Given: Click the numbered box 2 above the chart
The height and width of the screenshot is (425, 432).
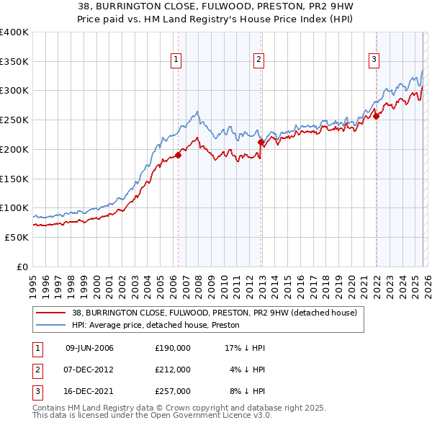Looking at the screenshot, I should [258, 60].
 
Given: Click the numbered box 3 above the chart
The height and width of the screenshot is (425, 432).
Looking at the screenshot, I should [374, 60].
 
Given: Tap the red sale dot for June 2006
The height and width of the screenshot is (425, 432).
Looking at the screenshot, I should [178, 155].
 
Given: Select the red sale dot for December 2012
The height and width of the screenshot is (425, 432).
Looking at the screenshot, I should [261, 143].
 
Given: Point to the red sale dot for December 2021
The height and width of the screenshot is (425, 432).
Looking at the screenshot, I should [375, 116].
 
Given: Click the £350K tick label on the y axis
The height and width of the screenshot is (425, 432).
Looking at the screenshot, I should [14, 61].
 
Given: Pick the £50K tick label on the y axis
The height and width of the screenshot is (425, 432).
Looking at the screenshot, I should [17, 237].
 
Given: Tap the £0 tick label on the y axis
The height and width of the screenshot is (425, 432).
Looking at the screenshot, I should [22, 267].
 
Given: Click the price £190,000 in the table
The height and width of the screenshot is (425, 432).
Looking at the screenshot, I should [172, 348].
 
